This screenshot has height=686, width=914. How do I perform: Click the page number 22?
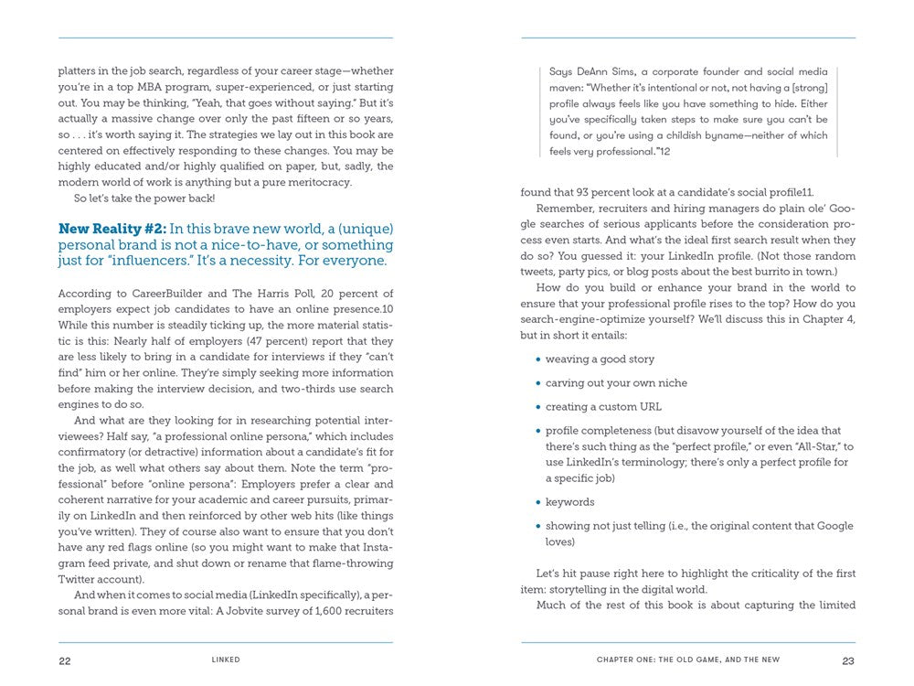[65, 660]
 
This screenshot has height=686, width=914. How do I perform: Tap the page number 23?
[848, 660]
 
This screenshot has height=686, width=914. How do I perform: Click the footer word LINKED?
[226, 660]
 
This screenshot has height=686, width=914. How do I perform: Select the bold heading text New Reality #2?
[112, 229]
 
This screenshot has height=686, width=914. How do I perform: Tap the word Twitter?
[80, 579]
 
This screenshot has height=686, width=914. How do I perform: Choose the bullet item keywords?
[569, 502]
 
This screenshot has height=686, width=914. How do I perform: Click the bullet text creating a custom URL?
[603, 407]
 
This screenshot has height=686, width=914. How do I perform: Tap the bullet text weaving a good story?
[600, 359]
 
